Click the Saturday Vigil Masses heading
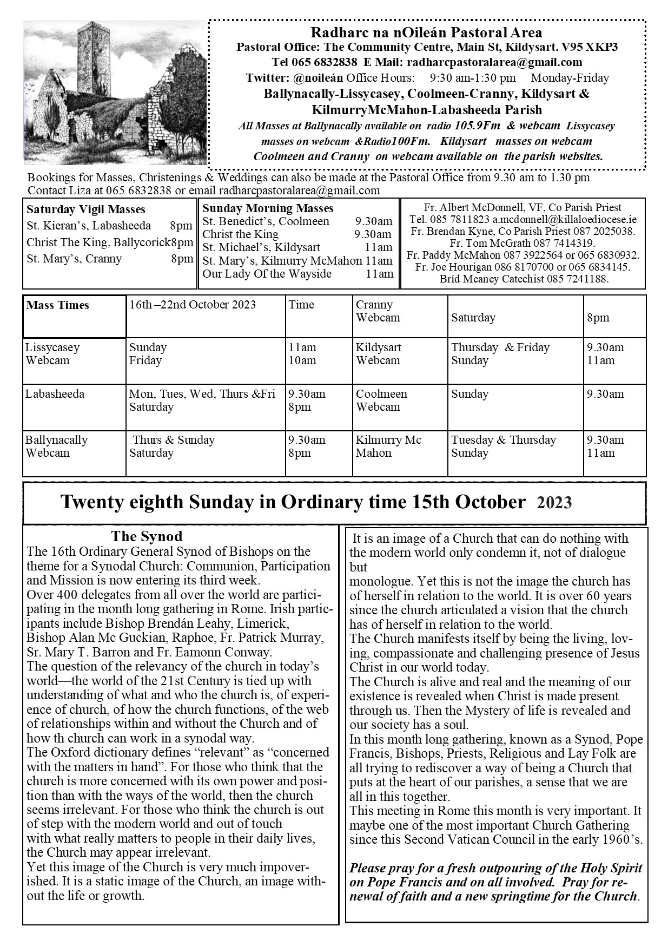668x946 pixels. click(x=86, y=209)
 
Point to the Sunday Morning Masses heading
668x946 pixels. click(x=268, y=208)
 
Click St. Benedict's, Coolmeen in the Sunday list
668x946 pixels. click(x=266, y=221)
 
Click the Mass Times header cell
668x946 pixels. click(x=58, y=305)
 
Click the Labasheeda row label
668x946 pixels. click(x=55, y=394)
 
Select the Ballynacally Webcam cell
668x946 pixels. click(x=56, y=446)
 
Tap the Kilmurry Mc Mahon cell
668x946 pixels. click(x=388, y=446)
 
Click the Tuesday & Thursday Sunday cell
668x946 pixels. click(x=504, y=446)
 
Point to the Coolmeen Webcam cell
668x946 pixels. click(x=381, y=400)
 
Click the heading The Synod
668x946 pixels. click(x=147, y=536)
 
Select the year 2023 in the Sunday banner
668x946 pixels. click(x=554, y=503)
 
